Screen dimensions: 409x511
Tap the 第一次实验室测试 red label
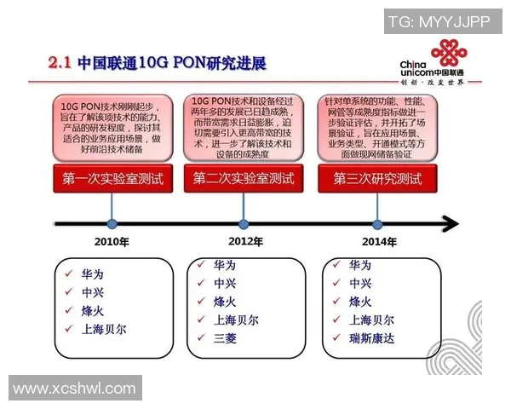(112, 180)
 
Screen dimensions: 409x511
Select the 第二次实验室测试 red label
(244, 180)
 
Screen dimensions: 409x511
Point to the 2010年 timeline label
(112, 242)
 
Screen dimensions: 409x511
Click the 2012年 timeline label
(245, 242)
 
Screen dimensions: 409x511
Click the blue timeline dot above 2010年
(112, 224)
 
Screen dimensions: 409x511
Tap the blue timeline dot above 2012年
(244, 224)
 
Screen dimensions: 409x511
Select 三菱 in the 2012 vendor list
(226, 338)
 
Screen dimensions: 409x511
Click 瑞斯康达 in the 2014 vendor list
(371, 338)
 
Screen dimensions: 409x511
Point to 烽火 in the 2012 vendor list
(226, 302)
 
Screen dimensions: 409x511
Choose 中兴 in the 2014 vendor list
(360, 284)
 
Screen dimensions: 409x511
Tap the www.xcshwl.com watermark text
(74, 389)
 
